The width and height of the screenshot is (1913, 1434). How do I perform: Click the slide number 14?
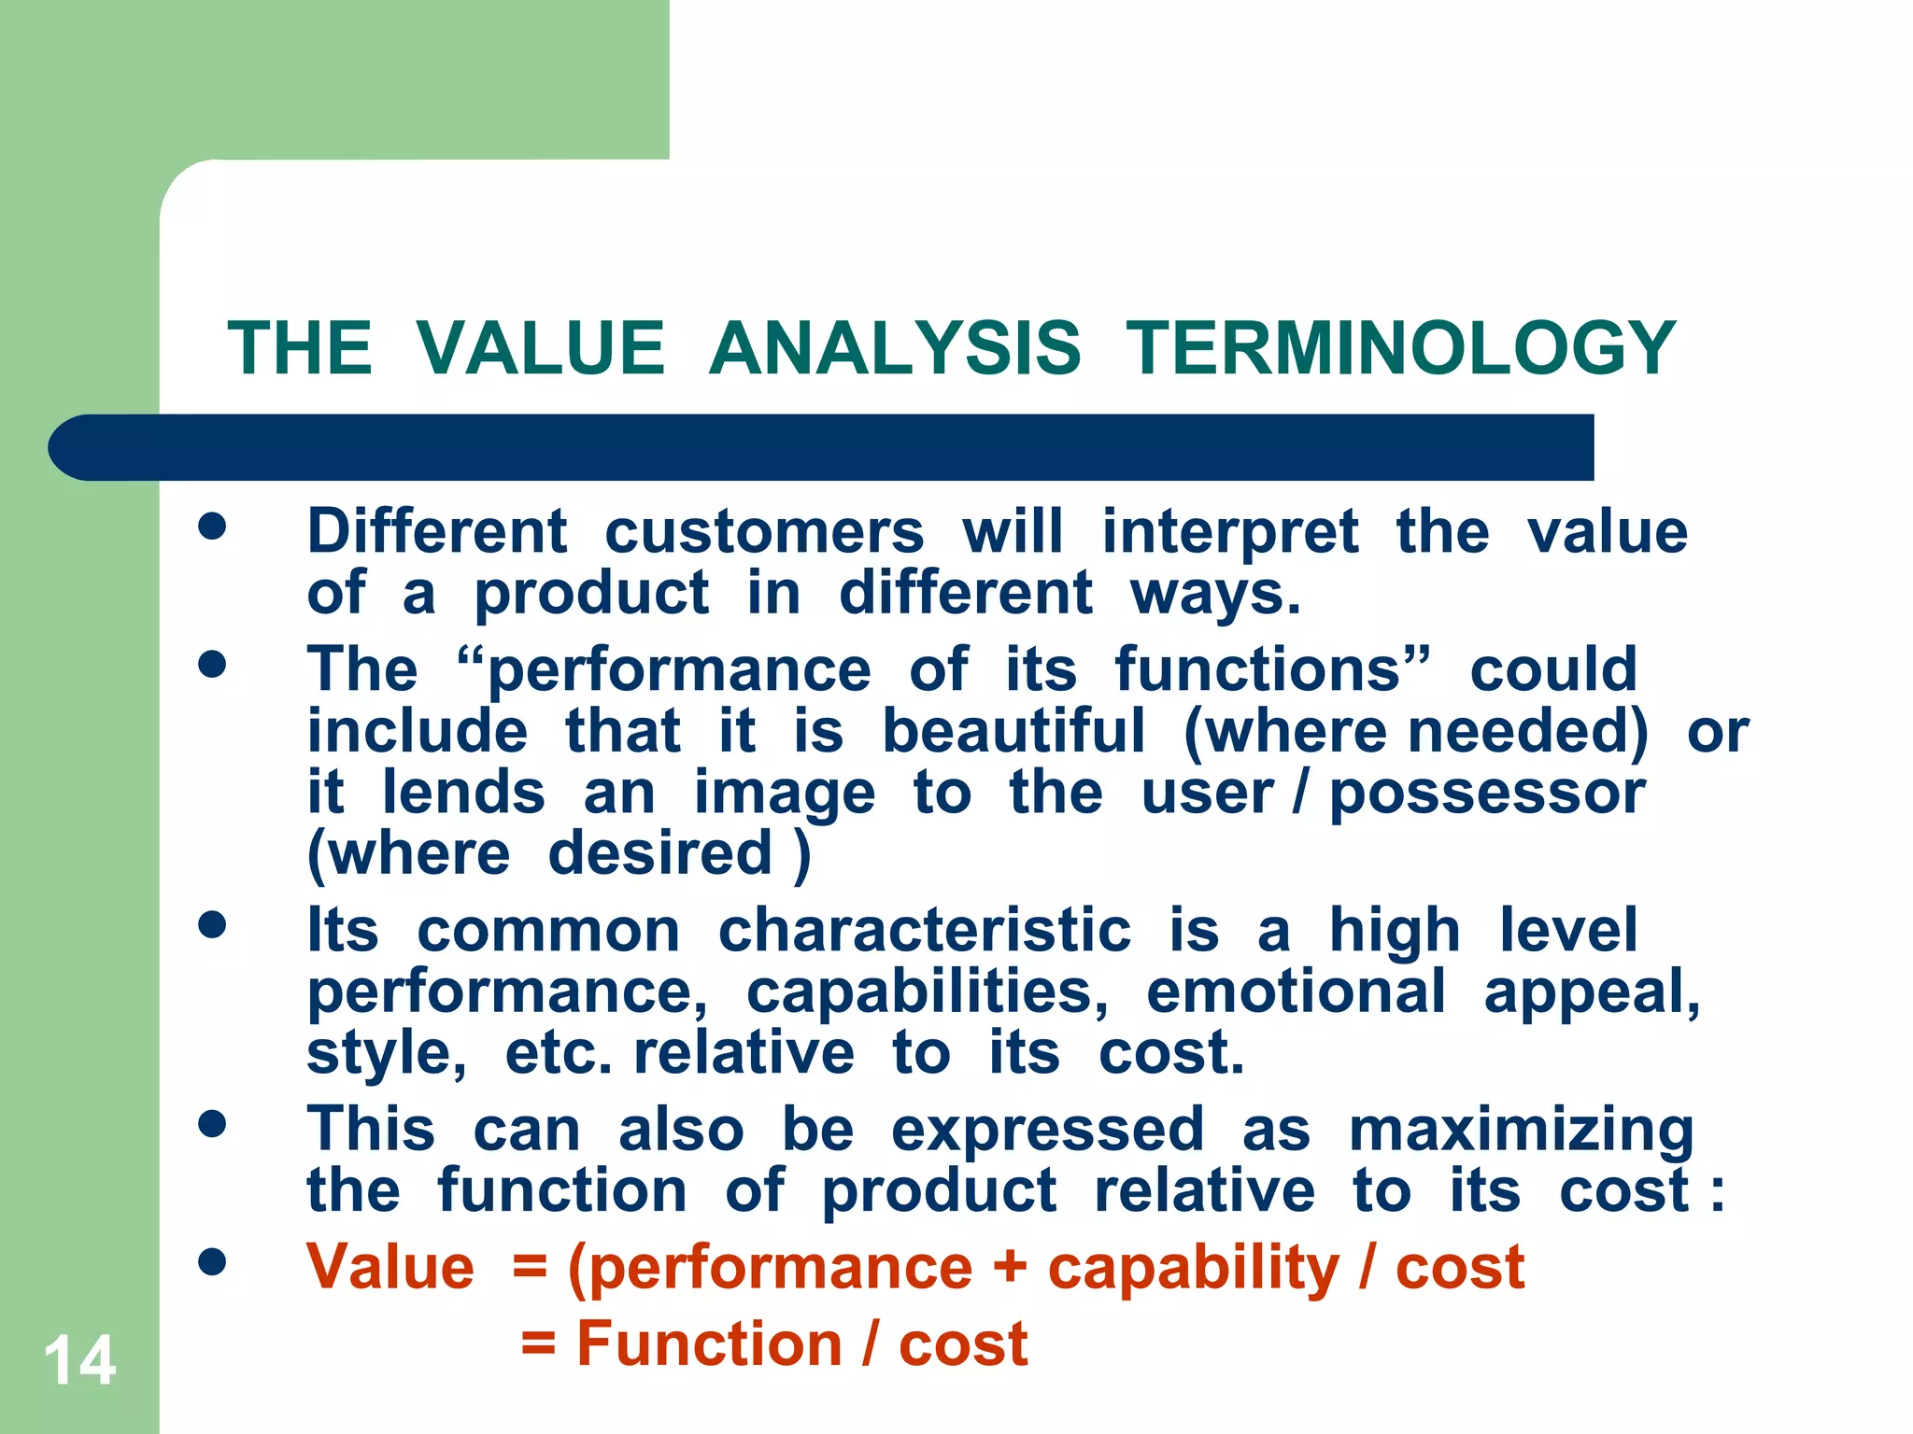pyautogui.click(x=79, y=1360)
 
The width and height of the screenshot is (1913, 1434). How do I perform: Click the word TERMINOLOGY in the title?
pyautogui.click(x=1401, y=348)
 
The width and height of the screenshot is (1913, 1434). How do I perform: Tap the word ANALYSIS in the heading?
pyautogui.click(x=894, y=348)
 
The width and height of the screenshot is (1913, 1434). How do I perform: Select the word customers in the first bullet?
pyautogui.click(x=764, y=532)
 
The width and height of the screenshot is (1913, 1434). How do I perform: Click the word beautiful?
pyautogui.click(x=1013, y=731)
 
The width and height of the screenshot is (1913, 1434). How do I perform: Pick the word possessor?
pyautogui.click(x=1487, y=794)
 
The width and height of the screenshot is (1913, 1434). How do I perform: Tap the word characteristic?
pyautogui.click(x=925, y=931)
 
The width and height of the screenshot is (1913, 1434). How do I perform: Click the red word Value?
pyautogui.click(x=390, y=1268)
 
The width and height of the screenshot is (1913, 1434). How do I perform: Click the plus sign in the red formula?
pyautogui.click(x=1010, y=1268)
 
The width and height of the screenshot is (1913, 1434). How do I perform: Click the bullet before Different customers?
pyautogui.click(x=213, y=526)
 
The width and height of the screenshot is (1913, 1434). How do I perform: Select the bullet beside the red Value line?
pyautogui.click(x=213, y=1262)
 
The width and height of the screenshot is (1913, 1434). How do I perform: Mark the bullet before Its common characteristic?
pyautogui.click(x=213, y=925)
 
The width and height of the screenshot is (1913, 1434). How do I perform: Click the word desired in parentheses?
pyautogui.click(x=660, y=853)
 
